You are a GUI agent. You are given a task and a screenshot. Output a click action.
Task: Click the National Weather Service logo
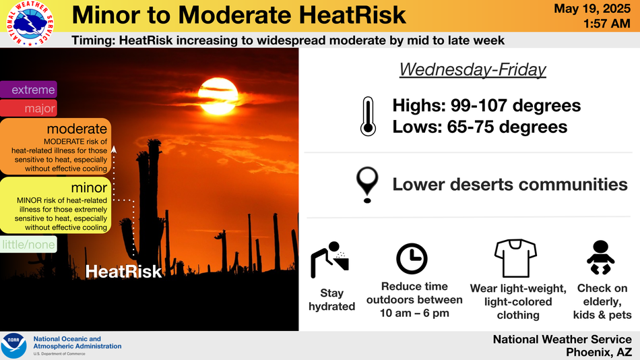tap(30, 23)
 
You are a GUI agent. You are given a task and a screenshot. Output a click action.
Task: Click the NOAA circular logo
tap(14, 346)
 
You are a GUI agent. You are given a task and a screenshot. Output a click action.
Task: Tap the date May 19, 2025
tap(592, 9)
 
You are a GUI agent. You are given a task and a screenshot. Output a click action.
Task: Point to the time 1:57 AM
tap(606, 24)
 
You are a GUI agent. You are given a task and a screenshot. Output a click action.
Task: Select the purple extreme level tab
tap(28, 90)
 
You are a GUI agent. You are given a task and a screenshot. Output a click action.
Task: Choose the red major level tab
tap(28, 109)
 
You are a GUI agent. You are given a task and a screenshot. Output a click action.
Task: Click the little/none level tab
tap(28, 245)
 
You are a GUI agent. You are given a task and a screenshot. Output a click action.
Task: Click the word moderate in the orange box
tap(77, 129)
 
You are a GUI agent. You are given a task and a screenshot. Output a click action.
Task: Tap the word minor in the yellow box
tap(89, 187)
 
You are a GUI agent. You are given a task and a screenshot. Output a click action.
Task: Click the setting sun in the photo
tap(218, 96)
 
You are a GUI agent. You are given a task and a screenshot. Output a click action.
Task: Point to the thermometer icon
tap(368, 116)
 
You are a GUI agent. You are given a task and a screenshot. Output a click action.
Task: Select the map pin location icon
tap(367, 185)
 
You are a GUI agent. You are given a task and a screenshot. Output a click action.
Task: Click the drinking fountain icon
tap(330, 260)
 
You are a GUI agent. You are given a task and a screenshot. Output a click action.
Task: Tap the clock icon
tap(412, 259)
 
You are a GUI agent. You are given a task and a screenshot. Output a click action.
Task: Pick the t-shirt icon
tap(515, 258)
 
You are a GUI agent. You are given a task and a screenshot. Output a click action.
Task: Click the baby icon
tap(600, 258)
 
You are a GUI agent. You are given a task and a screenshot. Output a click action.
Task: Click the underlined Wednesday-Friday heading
tap(473, 69)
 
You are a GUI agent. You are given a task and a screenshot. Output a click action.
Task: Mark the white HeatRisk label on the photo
tap(123, 272)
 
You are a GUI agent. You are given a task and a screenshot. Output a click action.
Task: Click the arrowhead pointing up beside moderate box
tap(114, 150)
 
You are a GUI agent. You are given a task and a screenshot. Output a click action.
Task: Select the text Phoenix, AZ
tap(598, 352)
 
